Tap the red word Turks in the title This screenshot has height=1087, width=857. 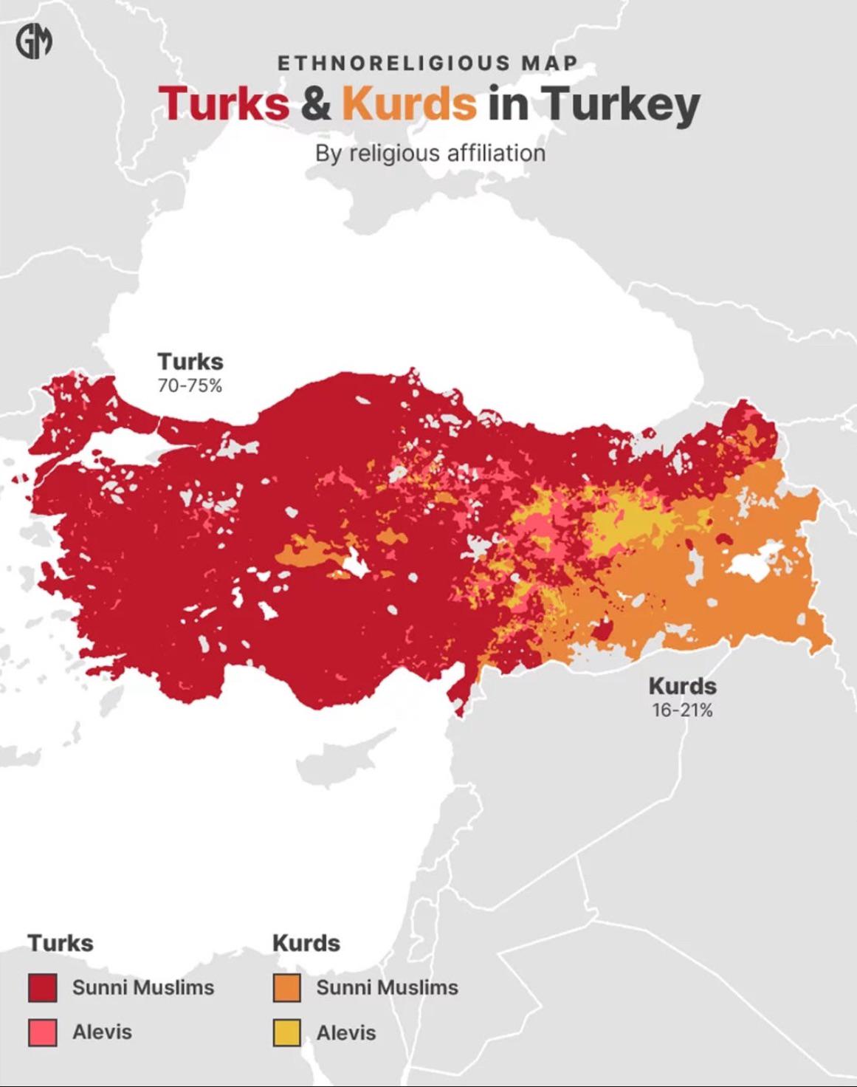point(224,103)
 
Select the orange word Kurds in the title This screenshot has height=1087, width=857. point(409,103)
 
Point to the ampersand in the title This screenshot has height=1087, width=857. point(316,103)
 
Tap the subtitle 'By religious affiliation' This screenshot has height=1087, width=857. point(430,153)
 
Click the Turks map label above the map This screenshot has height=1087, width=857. point(190,361)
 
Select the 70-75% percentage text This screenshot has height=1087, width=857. point(190,385)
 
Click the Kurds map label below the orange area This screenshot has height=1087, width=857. point(682,686)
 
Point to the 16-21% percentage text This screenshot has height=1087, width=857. point(682,710)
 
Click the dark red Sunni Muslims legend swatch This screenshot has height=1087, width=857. point(42,988)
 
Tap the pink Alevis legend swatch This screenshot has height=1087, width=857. point(42,1032)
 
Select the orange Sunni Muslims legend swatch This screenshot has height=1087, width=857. point(286,988)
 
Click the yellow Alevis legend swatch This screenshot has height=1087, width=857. point(286,1032)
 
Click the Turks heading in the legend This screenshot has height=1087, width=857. point(61,943)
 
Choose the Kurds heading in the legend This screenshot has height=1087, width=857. point(306,943)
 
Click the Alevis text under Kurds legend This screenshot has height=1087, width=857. point(346,1032)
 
